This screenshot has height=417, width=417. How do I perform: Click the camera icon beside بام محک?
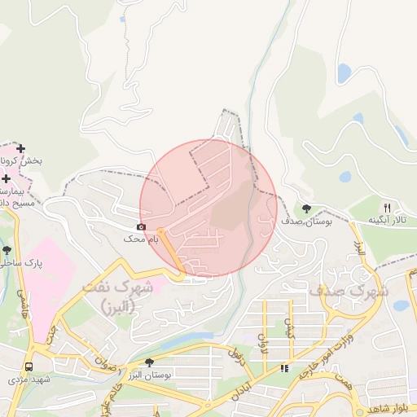click(x=142, y=226)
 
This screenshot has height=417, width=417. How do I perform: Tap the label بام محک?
click(x=134, y=239)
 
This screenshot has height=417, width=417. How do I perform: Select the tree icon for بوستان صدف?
click(x=306, y=208)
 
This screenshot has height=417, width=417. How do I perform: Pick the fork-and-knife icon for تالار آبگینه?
click(x=387, y=208)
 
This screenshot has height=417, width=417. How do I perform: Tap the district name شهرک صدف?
click(x=349, y=290)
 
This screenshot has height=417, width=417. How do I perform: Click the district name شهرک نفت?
click(x=118, y=288)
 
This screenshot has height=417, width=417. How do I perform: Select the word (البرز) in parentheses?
click(x=119, y=307)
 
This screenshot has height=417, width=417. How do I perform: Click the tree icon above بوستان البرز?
click(x=148, y=362)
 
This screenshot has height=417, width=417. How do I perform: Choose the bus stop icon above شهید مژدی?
click(x=29, y=367)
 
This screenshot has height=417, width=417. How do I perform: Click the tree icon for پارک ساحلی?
click(x=7, y=250)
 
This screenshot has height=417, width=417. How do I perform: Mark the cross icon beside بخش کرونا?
click(x=21, y=150)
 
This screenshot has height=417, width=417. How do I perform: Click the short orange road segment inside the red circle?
click(x=170, y=251)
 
